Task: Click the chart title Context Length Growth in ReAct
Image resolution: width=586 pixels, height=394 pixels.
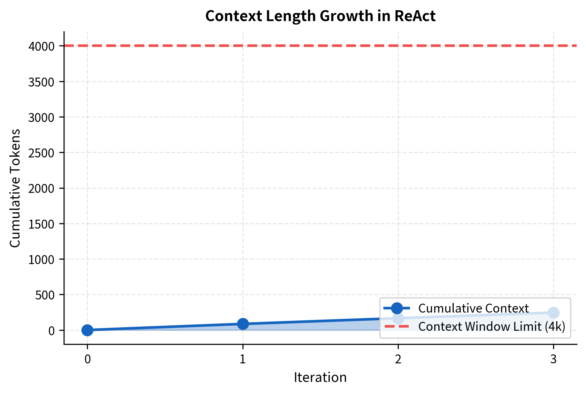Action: pyautogui.click(x=320, y=16)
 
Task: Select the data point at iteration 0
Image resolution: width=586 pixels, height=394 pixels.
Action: pyautogui.click(x=87, y=330)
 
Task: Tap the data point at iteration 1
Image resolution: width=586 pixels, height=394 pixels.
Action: pyautogui.click(x=243, y=324)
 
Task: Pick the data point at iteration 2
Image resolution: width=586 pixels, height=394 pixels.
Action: pyautogui.click(x=398, y=318)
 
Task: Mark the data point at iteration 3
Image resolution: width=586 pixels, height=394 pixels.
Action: pyautogui.click(x=553, y=313)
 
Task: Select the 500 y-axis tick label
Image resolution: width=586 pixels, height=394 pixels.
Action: pyautogui.click(x=45, y=295)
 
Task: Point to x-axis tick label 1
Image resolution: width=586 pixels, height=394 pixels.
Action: pyautogui.click(x=243, y=359)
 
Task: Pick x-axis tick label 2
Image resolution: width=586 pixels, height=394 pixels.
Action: pyautogui.click(x=398, y=359)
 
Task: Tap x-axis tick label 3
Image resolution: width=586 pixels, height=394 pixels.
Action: pyautogui.click(x=553, y=359)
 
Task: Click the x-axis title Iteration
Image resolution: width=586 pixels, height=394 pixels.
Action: pyautogui.click(x=320, y=377)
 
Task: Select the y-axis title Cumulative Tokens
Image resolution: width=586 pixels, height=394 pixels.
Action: pyautogui.click(x=15, y=188)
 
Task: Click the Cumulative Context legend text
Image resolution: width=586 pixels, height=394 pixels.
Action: pyautogui.click(x=474, y=308)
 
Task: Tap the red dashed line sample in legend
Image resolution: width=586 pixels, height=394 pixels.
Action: pyautogui.click(x=397, y=326)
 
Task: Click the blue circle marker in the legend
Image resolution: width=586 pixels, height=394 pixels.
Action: pyautogui.click(x=397, y=308)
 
